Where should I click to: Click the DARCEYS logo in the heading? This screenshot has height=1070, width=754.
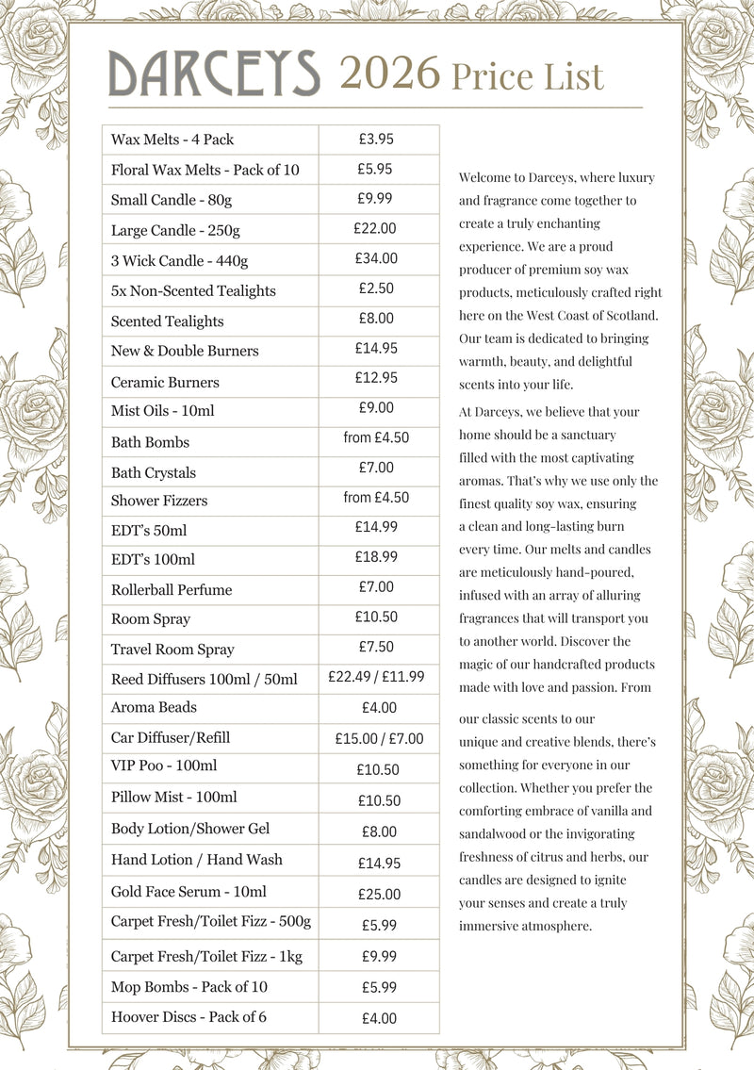click(214, 73)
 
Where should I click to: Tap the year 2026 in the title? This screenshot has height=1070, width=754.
click(389, 74)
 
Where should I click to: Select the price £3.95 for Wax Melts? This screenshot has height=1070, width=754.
click(376, 139)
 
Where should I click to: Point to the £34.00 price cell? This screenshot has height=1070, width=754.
click(376, 257)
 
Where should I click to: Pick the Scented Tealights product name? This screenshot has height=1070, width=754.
click(167, 321)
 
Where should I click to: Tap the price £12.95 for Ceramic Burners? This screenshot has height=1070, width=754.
click(376, 378)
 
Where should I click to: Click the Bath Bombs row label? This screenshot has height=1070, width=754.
click(150, 442)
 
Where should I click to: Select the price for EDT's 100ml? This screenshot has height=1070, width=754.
click(376, 557)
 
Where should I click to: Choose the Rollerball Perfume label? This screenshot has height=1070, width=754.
click(171, 590)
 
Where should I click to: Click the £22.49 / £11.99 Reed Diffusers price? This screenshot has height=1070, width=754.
click(376, 677)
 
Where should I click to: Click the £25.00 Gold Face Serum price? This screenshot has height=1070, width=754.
click(379, 895)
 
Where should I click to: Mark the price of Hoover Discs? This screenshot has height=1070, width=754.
click(379, 1018)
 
